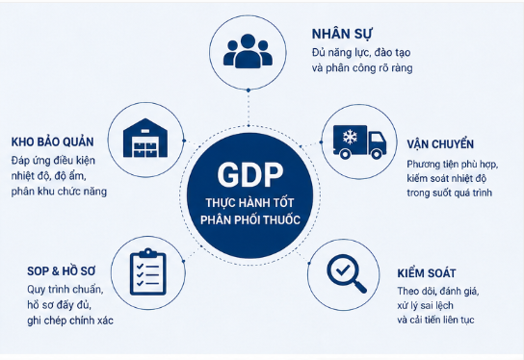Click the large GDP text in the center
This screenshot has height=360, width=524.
tap(250, 174)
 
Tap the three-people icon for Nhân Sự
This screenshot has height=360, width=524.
tap(248, 51)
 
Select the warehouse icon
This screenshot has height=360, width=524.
tap(145, 138)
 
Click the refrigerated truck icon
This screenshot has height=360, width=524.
tap(359, 141)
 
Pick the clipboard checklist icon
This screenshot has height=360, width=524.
tap(147, 271)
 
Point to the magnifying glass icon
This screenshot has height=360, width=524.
tap(346, 273)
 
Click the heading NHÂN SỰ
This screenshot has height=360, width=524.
tap(342, 34)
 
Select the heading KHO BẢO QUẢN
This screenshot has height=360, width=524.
tap(52, 141)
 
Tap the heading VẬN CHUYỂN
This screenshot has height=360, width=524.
tap(440, 144)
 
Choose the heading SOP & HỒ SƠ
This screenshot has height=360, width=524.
tap(62, 270)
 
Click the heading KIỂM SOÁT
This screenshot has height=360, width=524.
tap(427, 272)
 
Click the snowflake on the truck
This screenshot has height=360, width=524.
tap(350, 137)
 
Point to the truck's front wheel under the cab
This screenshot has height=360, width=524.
tap(377, 154)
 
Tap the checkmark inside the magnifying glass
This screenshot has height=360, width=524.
tap(343, 270)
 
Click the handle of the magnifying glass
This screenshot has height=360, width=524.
tap(360, 287)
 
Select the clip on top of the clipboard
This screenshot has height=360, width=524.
tap(147, 252)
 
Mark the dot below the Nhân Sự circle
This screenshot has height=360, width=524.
tap(249, 90)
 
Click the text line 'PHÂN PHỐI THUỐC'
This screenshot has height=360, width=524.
tap(250, 219)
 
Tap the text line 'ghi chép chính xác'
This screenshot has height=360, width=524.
tap(70, 321)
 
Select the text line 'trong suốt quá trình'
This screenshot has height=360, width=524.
tap(450, 193)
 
